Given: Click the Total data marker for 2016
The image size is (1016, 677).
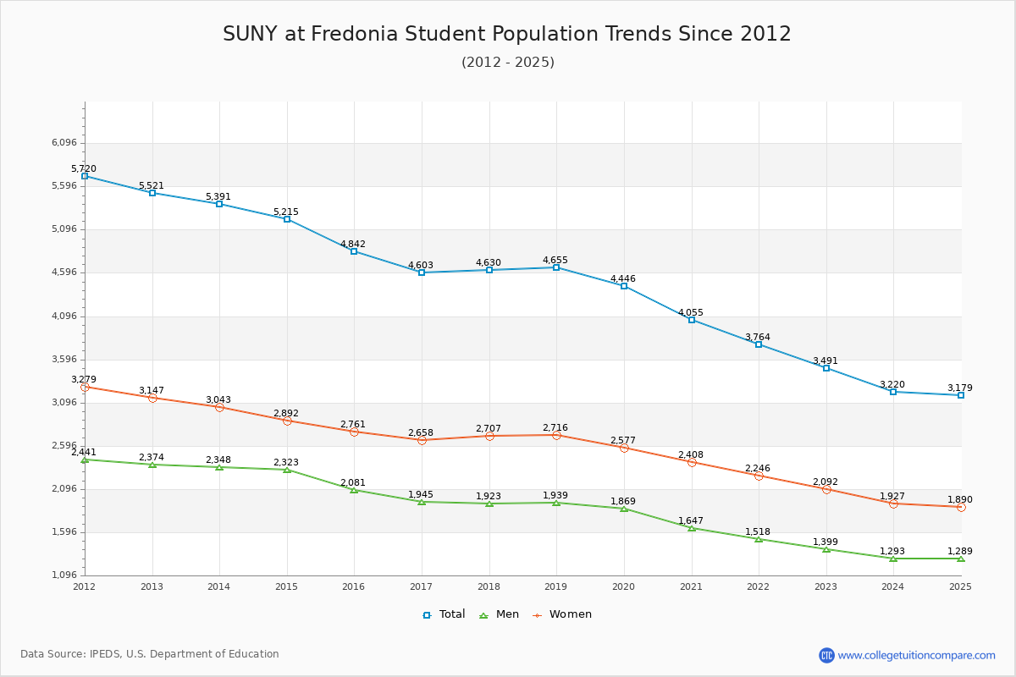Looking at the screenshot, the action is [354, 251].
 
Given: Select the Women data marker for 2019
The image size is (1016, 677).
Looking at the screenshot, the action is [556, 435].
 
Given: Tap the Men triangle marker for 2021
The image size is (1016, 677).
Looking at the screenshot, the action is [692, 528].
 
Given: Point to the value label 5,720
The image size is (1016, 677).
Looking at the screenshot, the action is [84, 168].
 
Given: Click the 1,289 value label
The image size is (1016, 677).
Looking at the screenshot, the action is [960, 551].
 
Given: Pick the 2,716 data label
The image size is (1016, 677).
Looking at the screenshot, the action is [555, 427].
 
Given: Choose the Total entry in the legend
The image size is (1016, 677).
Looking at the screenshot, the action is [444, 614].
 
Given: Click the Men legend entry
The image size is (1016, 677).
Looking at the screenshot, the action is [500, 614].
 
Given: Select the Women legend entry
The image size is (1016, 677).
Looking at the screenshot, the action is [562, 614].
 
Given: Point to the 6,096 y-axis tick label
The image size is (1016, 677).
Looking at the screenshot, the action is [64, 142].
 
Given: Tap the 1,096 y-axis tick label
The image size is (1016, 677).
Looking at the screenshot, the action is [64, 575].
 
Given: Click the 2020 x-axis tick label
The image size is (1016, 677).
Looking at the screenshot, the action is [624, 586].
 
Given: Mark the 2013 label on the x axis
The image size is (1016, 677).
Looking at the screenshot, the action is [152, 586].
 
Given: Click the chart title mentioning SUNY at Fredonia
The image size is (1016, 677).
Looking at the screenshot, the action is [507, 34].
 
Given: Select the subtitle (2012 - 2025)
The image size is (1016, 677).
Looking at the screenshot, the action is [508, 62].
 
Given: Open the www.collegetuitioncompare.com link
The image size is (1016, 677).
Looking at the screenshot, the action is [916, 655].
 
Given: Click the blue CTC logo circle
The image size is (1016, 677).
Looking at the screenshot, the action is [826, 655].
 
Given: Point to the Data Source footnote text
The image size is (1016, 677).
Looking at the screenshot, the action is [150, 654].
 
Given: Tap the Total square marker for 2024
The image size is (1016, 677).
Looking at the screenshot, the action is [893, 392].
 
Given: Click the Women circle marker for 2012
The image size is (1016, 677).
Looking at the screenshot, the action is [85, 388].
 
